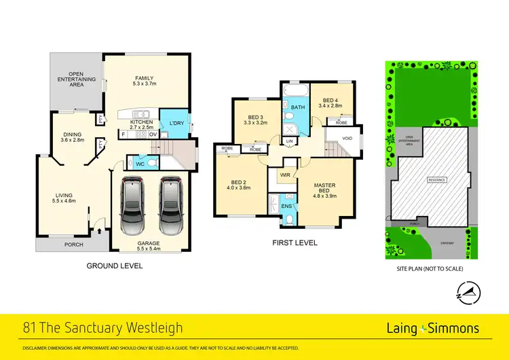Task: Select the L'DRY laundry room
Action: tap(178, 123)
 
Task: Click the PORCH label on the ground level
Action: tap(73, 245)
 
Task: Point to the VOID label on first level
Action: tap(347, 138)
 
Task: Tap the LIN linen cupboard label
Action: tap(290, 141)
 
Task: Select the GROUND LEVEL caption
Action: tap(115, 266)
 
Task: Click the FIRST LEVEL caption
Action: tap(295, 242)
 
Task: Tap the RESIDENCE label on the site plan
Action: tap(436, 180)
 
